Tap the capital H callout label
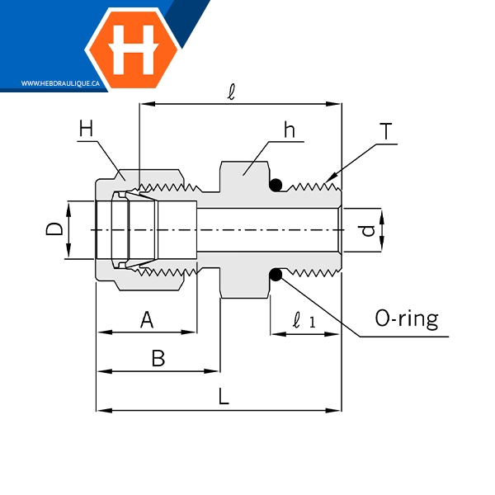87,129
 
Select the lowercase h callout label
289,130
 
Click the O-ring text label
406,318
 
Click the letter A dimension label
147,319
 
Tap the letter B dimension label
158,359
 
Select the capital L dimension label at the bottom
223,397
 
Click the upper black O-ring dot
276,184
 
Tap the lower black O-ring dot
276,275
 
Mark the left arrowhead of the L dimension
99,409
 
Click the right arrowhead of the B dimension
218,371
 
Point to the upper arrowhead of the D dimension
69,203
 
